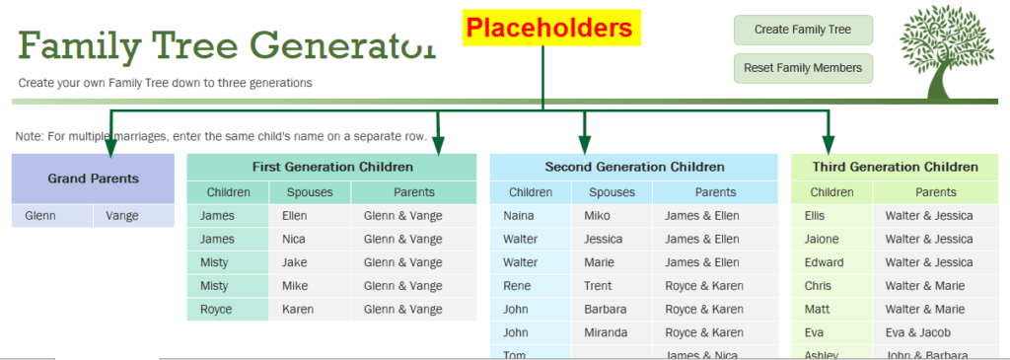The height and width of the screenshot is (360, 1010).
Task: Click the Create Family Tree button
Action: coord(802,30)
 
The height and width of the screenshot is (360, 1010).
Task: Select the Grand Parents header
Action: coord(93,179)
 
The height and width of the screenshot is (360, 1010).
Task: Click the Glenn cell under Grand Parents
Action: coord(51,216)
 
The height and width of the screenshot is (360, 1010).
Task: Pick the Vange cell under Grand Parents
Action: coord(133,216)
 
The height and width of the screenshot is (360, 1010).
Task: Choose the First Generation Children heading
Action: coord(330,167)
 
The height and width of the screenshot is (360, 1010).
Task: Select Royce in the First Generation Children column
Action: coord(227,309)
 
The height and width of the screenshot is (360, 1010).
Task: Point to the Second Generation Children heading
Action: coord(634,167)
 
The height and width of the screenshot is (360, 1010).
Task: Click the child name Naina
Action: coord(530,215)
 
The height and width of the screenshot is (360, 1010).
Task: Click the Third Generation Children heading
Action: coord(895,167)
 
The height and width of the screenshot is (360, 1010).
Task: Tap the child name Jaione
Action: coord(830,239)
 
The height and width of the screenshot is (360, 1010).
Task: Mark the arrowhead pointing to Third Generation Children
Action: coord(829,144)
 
